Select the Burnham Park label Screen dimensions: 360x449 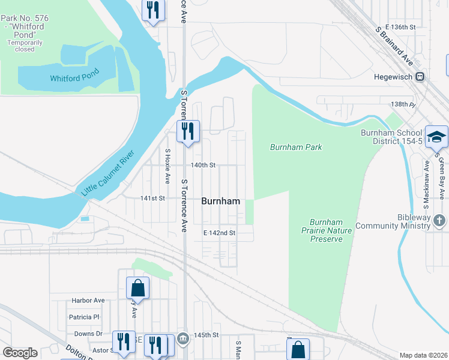(296, 147)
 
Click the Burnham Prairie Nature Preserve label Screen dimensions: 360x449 (326, 230)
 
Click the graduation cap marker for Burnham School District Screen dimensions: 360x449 (436, 137)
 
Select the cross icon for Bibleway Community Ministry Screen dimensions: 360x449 (439, 220)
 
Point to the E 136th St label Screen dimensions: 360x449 (401, 28)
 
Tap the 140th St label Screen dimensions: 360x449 (202, 165)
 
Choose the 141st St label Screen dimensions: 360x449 (152, 198)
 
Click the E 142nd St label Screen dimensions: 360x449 (219, 232)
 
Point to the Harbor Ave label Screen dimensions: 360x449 (88, 300)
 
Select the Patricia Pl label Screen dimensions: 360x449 (84, 317)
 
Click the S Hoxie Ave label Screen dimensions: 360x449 (167, 166)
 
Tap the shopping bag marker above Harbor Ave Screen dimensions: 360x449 (137, 288)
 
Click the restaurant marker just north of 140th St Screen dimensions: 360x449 (188, 131)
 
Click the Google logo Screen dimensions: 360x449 (20, 353)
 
